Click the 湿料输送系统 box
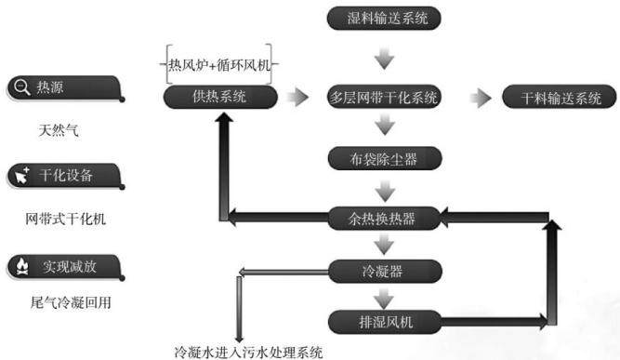384,19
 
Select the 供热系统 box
220,97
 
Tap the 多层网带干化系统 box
384,97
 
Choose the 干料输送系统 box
559,97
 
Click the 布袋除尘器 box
385,159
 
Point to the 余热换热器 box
384,218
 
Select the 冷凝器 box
385,272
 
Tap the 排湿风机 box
385,322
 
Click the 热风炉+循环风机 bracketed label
219,64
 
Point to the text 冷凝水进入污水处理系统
249,352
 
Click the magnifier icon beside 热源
21,87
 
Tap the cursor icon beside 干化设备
21,175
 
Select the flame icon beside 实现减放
22,267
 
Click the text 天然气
59,130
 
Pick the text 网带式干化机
66,219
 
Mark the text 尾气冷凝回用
71,302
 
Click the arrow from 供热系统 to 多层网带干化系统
297,97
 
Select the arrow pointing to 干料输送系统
481,98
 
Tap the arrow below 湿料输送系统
384,59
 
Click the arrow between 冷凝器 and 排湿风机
384,299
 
